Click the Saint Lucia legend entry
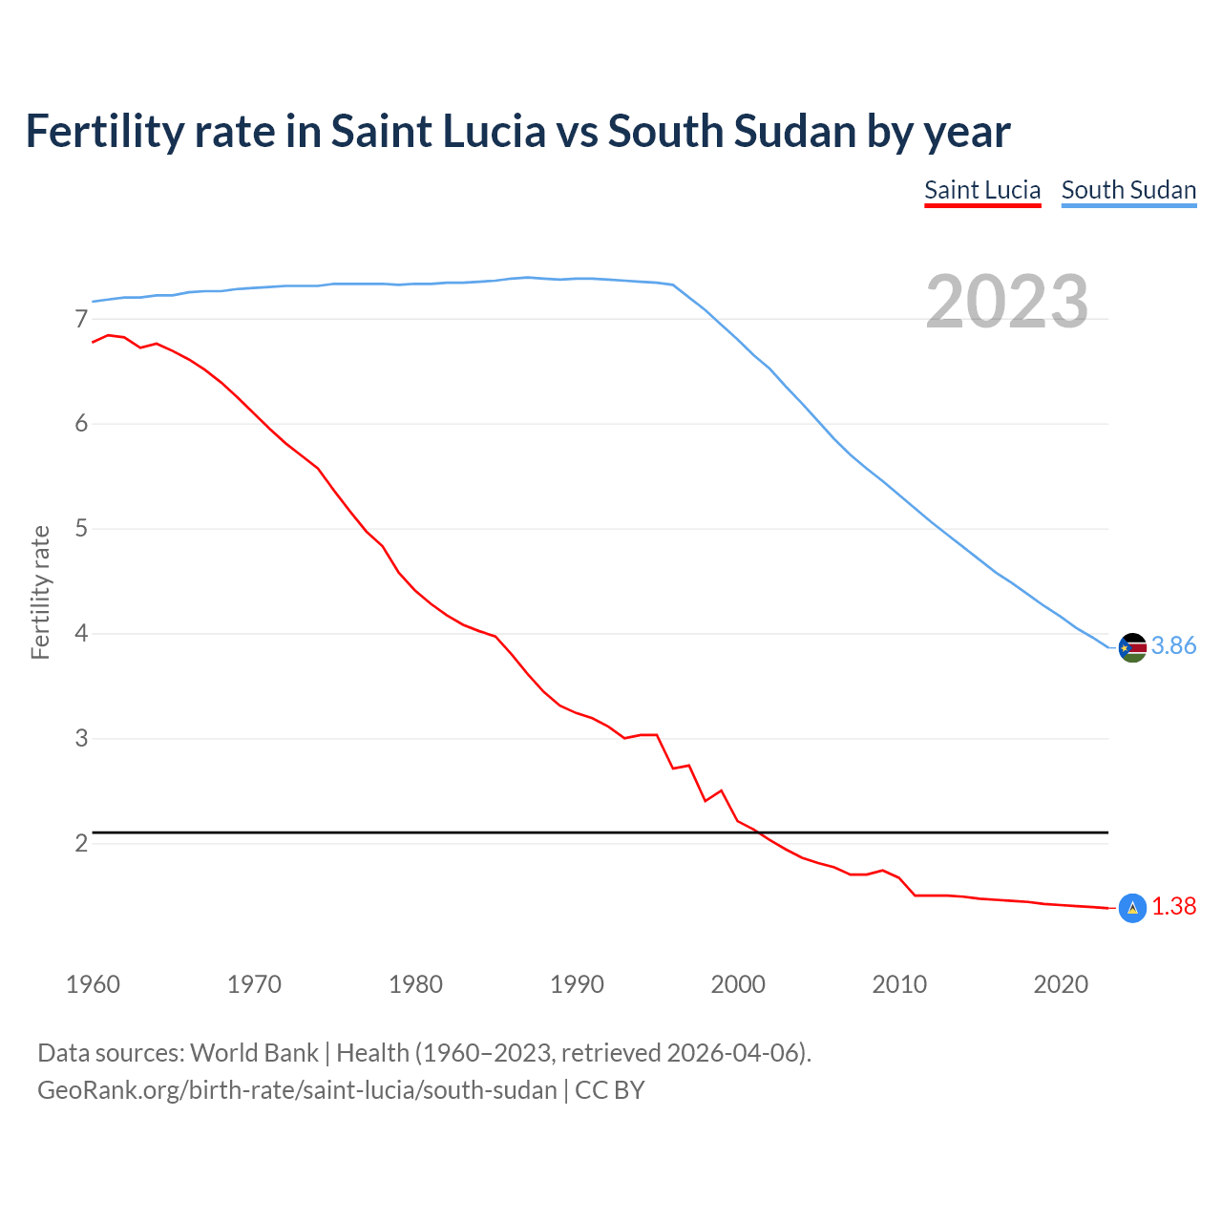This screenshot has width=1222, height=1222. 982,190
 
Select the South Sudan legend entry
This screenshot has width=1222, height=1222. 1128,190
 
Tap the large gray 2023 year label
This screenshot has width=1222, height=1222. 1006,302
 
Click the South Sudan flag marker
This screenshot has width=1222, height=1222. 1132,647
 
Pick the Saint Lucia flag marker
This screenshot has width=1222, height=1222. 1132,908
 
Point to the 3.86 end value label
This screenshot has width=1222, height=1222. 1173,646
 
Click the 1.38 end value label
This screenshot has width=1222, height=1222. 1173,907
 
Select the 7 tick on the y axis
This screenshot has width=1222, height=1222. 81,319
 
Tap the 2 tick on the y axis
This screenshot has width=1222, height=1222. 81,843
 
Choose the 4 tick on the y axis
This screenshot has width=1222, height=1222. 81,634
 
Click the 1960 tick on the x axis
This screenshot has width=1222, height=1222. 93,984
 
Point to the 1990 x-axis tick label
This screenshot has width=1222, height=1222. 577,984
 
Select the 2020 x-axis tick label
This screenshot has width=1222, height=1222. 1061,984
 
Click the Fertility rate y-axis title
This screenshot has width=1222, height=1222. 40,592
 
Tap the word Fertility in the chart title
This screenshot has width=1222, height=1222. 104,131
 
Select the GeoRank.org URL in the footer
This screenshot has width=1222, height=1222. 297,1090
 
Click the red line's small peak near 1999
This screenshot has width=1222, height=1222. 721,790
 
